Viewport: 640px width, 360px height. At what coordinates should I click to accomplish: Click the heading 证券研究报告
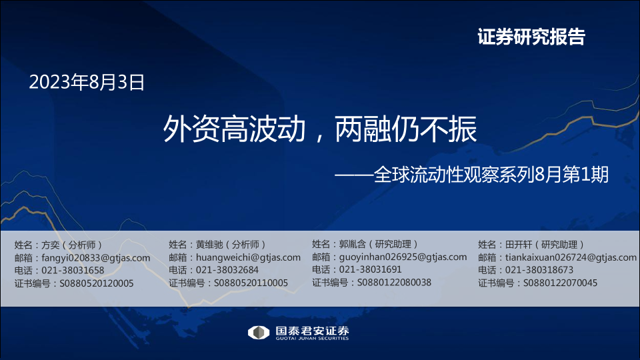(531, 37)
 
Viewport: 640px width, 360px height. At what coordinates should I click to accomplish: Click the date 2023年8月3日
(87, 82)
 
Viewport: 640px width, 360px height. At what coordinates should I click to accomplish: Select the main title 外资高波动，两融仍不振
(319, 129)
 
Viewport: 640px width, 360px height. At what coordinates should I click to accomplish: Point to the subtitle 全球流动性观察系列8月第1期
(491, 175)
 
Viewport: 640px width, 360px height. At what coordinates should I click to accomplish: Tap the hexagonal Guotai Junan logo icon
(259, 333)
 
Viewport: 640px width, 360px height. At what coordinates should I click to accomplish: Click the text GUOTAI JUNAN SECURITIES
(312, 339)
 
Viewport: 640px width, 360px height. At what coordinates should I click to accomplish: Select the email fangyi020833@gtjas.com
(96, 258)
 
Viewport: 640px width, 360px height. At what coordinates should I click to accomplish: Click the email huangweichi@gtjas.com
(248, 257)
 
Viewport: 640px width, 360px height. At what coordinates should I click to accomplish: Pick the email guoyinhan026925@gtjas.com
(403, 257)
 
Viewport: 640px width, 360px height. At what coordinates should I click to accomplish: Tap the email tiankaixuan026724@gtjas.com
(571, 257)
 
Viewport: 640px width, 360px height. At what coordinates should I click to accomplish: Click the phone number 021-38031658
(73, 270)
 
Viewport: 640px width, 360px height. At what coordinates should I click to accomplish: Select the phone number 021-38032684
(227, 270)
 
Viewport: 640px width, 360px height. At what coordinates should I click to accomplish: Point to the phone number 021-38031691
(371, 269)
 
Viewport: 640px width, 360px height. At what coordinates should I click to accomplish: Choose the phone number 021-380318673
(539, 270)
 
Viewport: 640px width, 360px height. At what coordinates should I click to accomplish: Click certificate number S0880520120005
(97, 283)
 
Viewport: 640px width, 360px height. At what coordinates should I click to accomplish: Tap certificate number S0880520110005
(251, 283)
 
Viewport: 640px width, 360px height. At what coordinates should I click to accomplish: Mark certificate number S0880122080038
(394, 283)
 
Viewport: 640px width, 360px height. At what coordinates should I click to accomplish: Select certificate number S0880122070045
(561, 283)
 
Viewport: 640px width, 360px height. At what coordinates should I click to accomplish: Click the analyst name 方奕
(51, 245)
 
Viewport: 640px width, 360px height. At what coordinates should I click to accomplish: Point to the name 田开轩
(519, 245)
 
